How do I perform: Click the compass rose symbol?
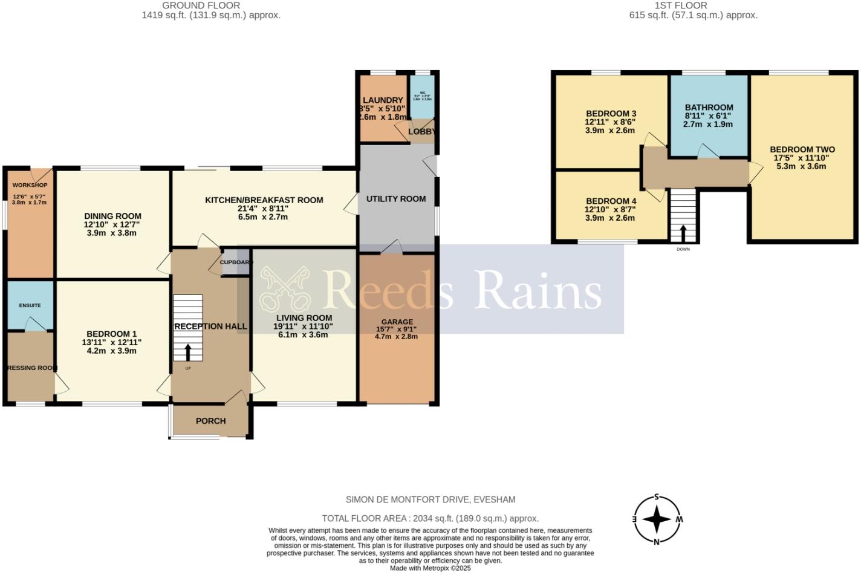click(x=657, y=519)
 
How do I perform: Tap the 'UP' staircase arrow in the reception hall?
click(x=187, y=352)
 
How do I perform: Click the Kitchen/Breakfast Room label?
click(x=264, y=200)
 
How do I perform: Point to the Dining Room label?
click(x=112, y=216)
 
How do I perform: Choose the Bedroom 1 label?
click(x=111, y=334)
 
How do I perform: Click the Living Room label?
click(x=304, y=318)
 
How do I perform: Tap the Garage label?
click(x=397, y=322)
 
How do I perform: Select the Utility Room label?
click(x=395, y=198)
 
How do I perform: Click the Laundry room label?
click(x=383, y=100)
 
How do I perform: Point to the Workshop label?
click(x=30, y=185)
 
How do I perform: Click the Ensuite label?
click(x=30, y=305)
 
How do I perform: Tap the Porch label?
click(x=210, y=421)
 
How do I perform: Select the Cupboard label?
click(x=235, y=262)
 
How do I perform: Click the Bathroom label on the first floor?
click(x=709, y=108)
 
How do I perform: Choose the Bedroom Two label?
click(x=802, y=149)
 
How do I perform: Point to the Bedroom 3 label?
click(x=611, y=114)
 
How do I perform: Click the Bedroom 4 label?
click(x=611, y=201)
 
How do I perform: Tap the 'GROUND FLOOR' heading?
click(x=201, y=5)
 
